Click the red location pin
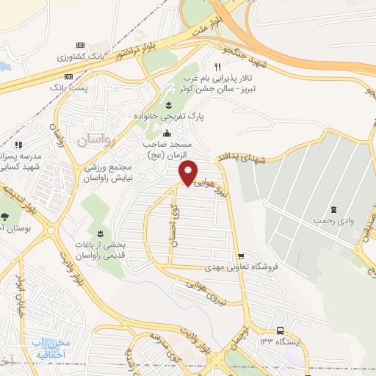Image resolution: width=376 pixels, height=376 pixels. (x=188, y=173)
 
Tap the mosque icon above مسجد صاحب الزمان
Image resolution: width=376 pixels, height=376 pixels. (x=167, y=134)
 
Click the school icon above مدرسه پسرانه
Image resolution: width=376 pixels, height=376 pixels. (x=18, y=145)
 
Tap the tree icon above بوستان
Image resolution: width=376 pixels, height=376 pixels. (x=6, y=216)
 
